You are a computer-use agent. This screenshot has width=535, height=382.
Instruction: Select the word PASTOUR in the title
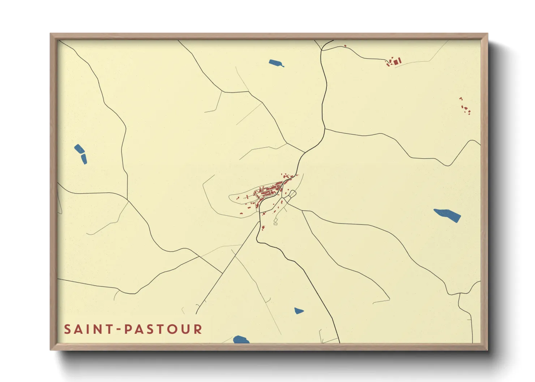click(x=163, y=329)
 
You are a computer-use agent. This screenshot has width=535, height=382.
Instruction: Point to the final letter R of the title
click(x=198, y=329)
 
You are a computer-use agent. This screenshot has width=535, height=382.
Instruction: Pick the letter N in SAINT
click(x=99, y=329)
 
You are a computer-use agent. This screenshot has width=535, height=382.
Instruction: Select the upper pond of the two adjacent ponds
click(x=79, y=149)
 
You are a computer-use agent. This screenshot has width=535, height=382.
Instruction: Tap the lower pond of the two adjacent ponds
click(x=84, y=159)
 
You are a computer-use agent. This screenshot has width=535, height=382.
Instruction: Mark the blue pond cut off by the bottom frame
click(x=241, y=339)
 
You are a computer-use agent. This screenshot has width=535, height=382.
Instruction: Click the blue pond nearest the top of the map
click(x=276, y=63)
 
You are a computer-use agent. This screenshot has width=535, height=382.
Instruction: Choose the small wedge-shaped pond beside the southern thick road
click(x=298, y=311)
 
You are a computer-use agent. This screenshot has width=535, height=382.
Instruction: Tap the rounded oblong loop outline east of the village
click(x=290, y=196)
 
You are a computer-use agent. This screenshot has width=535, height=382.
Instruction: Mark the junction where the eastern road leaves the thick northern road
click(x=325, y=129)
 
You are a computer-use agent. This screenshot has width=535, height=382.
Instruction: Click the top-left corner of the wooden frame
click(x=51, y=34)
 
